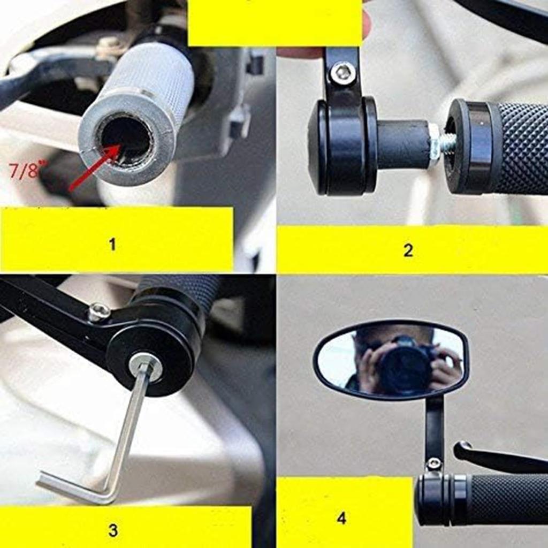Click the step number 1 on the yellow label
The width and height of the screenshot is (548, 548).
tap(112, 245)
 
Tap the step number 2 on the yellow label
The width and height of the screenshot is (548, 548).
tap(408, 250)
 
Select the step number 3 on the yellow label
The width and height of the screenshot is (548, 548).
tap(113, 530)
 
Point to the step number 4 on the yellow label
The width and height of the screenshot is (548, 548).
tap(341, 517)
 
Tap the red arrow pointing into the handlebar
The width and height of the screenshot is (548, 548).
tap(94, 167)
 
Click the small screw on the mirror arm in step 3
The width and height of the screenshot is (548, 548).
tap(99, 312)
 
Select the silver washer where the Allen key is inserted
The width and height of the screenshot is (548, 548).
tap(145, 365)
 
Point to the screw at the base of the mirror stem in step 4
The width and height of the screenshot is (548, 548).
tap(434, 463)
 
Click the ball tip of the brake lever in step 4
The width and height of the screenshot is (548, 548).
tap(462, 448)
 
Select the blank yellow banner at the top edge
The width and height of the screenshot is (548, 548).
tap(275, 22)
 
